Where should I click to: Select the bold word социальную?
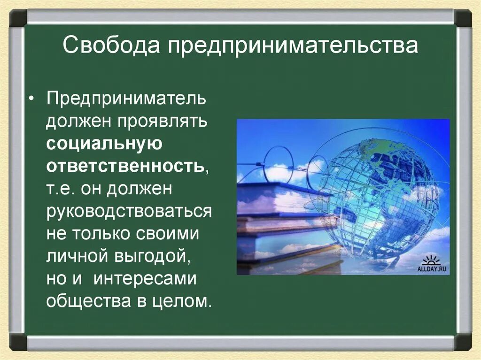104,144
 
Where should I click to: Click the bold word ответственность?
125,166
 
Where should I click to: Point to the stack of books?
282,225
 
